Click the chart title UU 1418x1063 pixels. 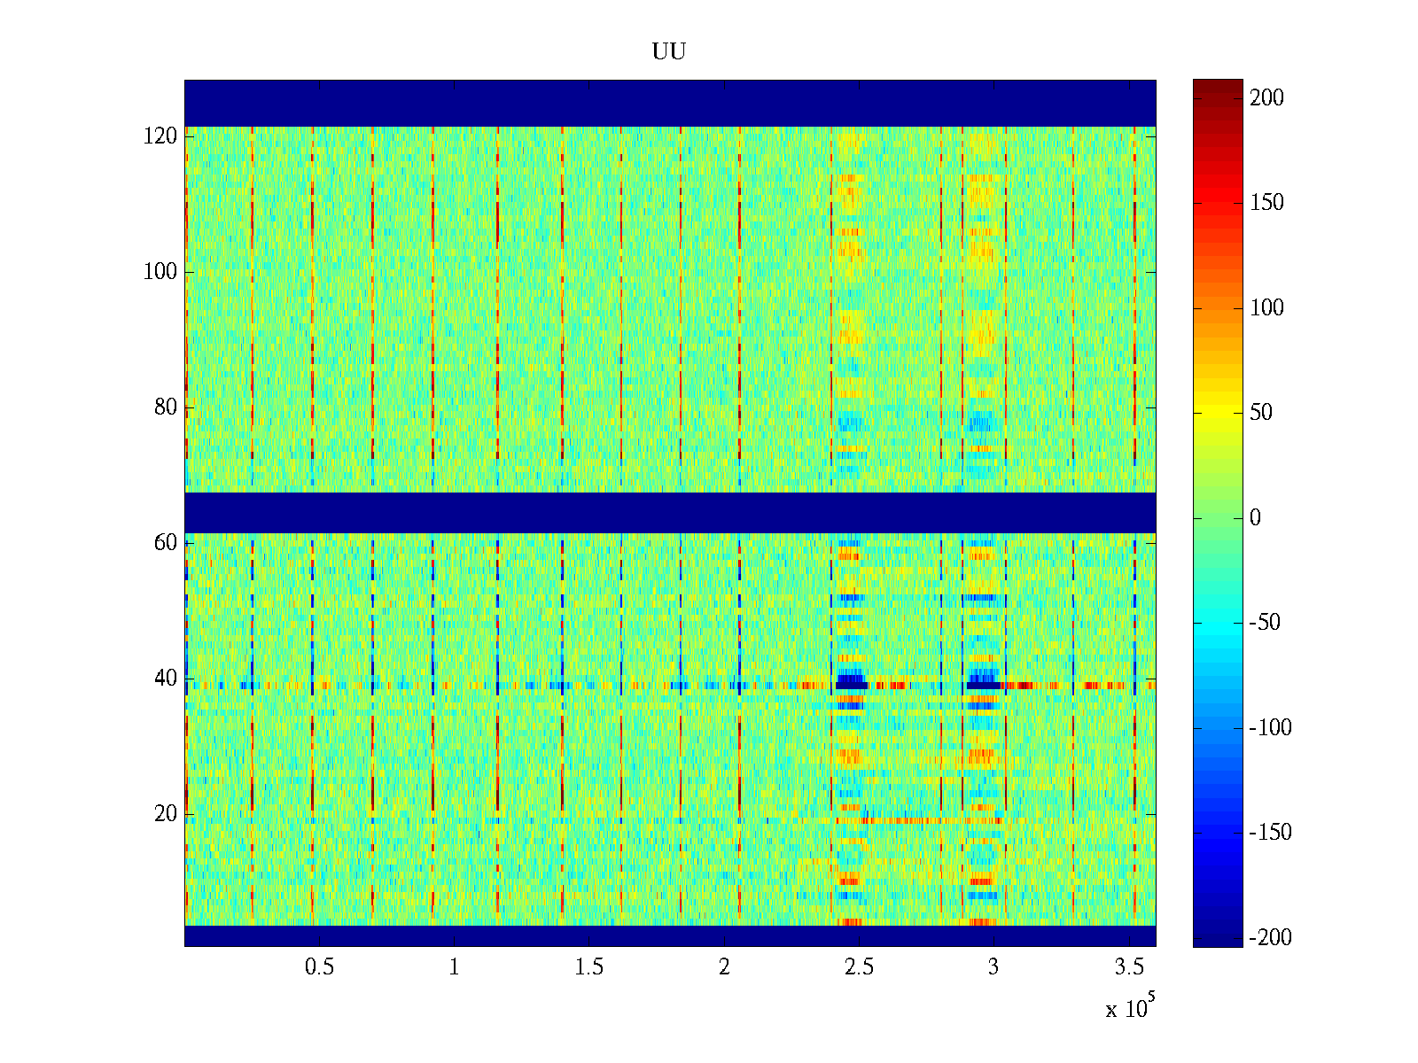point(669,52)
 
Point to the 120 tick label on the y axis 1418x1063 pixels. point(160,136)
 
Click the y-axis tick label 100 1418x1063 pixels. point(160,272)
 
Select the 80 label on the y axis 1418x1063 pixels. point(166,407)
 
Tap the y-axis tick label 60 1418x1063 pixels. point(166,543)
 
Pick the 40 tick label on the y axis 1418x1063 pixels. point(166,679)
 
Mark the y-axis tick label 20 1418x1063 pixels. point(166,814)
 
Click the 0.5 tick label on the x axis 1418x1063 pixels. point(319,967)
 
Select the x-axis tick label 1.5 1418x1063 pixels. point(588,967)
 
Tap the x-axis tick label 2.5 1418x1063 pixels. point(859,967)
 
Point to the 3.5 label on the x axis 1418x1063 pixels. point(1129,967)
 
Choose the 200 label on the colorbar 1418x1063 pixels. point(1266,98)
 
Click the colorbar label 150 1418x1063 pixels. point(1266,203)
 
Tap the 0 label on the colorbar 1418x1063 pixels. point(1255,518)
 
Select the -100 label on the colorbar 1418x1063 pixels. point(1270,728)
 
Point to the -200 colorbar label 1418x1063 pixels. point(1270,938)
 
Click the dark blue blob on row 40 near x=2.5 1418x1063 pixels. point(851,682)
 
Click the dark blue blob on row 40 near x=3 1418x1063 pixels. point(983,684)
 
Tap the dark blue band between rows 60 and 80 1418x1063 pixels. point(669,512)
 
